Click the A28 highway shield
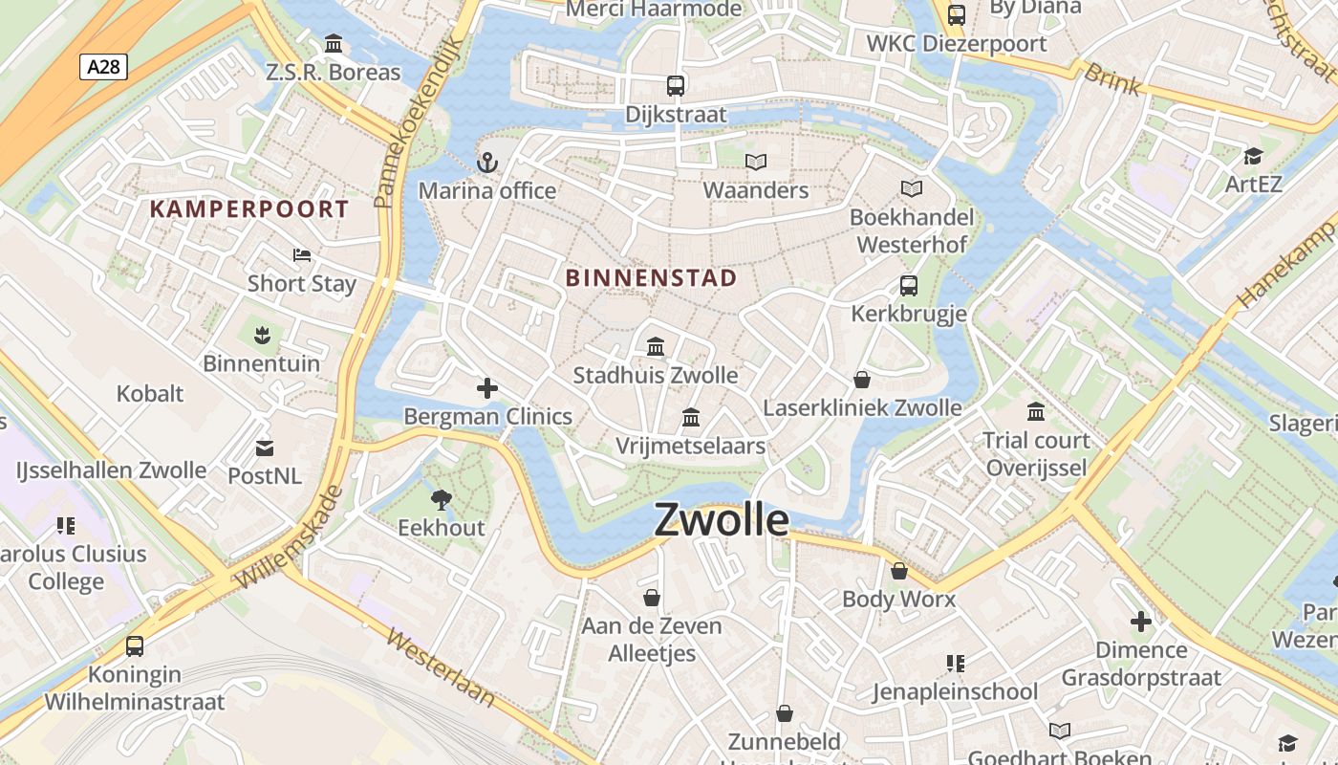103,66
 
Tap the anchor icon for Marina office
487,163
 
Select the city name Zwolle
722,520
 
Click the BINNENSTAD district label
652,278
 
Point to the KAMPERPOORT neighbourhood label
249,208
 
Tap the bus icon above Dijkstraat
676,85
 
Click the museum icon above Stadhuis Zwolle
656,346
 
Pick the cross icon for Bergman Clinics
487,387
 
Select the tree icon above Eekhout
441,498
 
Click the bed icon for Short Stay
302,254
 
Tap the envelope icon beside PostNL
264,448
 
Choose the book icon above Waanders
756,162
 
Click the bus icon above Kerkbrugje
908,285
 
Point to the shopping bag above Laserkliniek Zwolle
862,380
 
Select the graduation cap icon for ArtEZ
1253,156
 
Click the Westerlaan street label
442,667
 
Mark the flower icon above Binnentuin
261,335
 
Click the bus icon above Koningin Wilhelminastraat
135,645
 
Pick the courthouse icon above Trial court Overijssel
1036,411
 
